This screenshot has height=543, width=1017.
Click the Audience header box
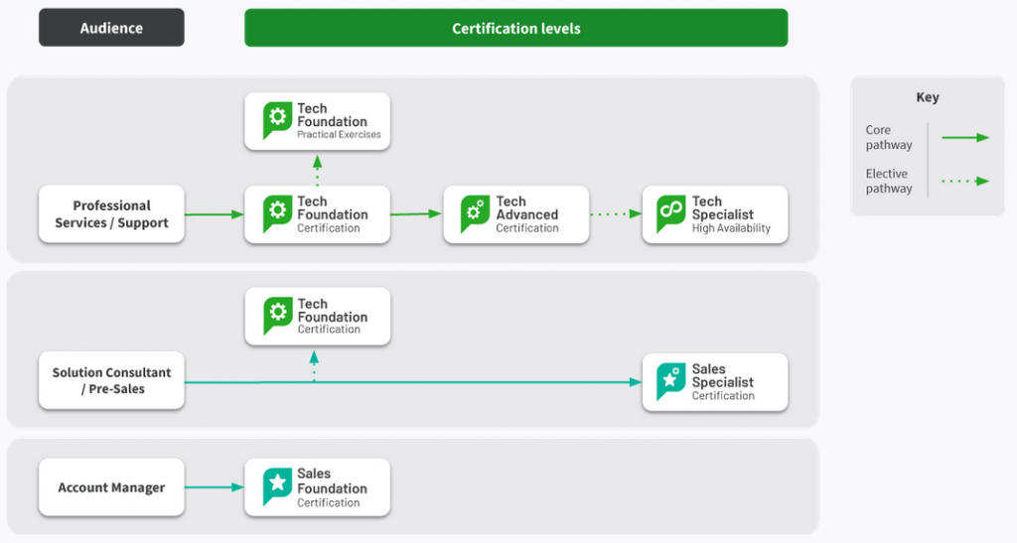pos(111,28)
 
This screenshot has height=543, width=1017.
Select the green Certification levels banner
pos(516,28)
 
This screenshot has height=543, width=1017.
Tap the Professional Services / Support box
pos(111,214)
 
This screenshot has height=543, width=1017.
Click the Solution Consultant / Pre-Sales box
pos(111,380)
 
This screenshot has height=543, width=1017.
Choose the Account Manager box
pos(111,487)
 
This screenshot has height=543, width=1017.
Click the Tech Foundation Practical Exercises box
pos(317,121)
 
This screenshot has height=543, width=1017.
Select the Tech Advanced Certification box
pos(516,214)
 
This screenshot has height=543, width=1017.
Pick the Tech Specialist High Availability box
pos(715,214)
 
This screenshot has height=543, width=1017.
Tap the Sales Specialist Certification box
pos(715,382)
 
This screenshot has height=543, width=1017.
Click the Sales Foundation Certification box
pos(317,487)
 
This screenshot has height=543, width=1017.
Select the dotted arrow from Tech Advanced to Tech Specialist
pos(616,213)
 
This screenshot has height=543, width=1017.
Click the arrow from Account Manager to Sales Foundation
pos(215,487)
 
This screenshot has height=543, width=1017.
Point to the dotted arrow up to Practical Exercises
pos(317,171)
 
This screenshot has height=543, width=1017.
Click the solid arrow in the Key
pos(965,137)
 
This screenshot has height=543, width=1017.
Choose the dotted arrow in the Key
pos(965,182)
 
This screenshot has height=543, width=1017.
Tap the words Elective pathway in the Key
pos(889,181)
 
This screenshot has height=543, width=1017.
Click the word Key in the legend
pos(928,97)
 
